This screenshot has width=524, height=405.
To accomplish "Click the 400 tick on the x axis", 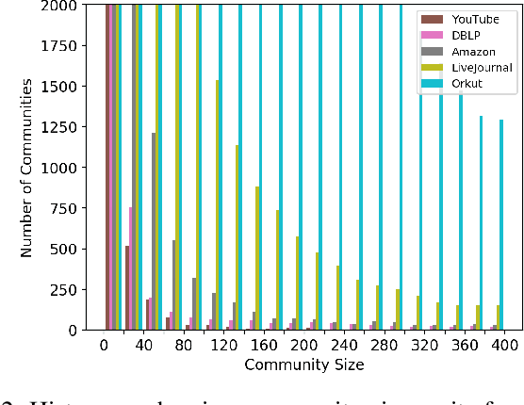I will tap(504, 346).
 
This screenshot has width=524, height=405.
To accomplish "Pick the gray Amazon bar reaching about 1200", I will tap(154, 231).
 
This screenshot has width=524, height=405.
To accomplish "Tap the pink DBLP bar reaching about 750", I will tap(132, 268).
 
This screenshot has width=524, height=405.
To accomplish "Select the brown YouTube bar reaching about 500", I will tap(127, 287).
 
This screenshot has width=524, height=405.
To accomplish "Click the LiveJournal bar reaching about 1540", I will tap(218, 204).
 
